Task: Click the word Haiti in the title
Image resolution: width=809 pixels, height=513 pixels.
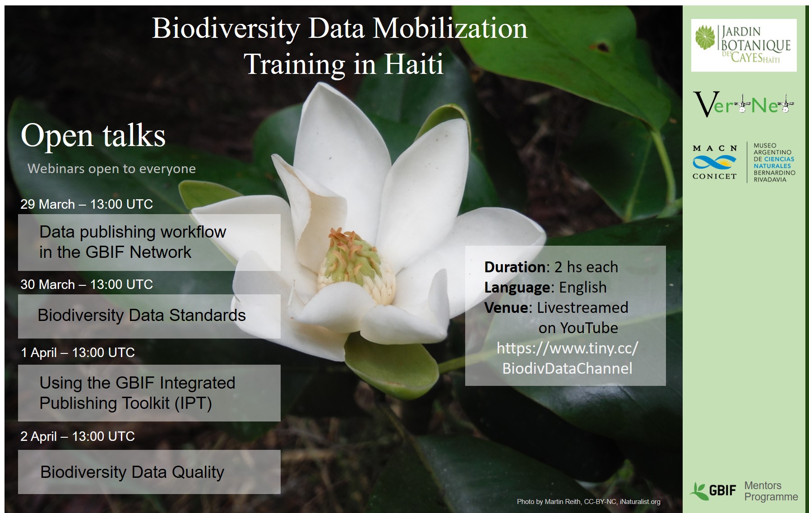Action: [x=414, y=64]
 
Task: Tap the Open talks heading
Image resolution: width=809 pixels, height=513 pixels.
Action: [x=93, y=135]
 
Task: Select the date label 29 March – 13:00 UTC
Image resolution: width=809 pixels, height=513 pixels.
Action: [x=87, y=204]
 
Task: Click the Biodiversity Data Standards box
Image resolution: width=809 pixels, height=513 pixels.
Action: [x=149, y=316]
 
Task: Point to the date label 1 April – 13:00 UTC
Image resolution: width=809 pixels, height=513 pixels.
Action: [x=78, y=352]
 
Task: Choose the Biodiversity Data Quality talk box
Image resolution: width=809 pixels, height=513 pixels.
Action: [x=149, y=472]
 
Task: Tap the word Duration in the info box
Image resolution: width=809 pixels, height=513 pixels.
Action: [x=514, y=267]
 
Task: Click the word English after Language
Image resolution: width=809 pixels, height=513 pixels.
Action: [x=583, y=287]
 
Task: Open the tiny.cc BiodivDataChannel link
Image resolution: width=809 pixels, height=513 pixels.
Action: [x=568, y=358]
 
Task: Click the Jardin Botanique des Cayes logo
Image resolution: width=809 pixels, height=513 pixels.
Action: [x=744, y=45]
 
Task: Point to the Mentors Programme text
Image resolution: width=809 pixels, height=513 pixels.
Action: [x=771, y=491]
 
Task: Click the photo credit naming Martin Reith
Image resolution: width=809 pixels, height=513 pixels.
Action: [x=588, y=502]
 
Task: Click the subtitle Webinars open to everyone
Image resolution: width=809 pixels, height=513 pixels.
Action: [x=112, y=169]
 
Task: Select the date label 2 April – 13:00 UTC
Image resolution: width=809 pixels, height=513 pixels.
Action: [x=78, y=436]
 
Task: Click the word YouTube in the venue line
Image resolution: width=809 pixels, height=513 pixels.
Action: [x=589, y=328]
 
